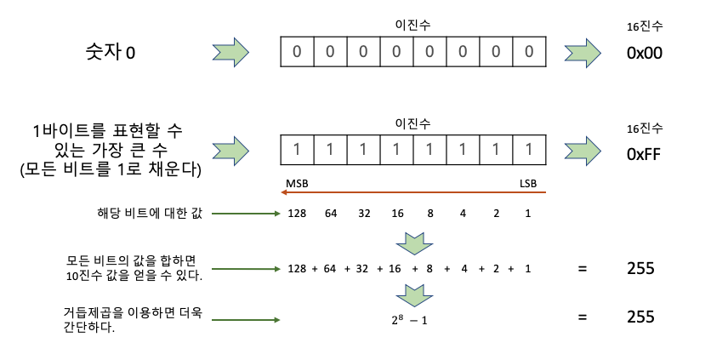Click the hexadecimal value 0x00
coord(643,53)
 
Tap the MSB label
coord(297,183)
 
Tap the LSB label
coord(529,183)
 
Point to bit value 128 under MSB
coord(297,213)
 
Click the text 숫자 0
coord(105,53)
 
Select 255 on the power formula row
coord(639,317)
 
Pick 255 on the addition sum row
coord(639,269)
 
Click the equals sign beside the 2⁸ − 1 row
coord(583,318)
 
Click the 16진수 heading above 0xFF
coord(644,129)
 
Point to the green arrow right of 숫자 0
coord(230,53)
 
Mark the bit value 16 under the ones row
coord(396,213)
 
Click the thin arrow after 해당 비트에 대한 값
coord(246,213)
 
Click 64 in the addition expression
coord(330,269)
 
